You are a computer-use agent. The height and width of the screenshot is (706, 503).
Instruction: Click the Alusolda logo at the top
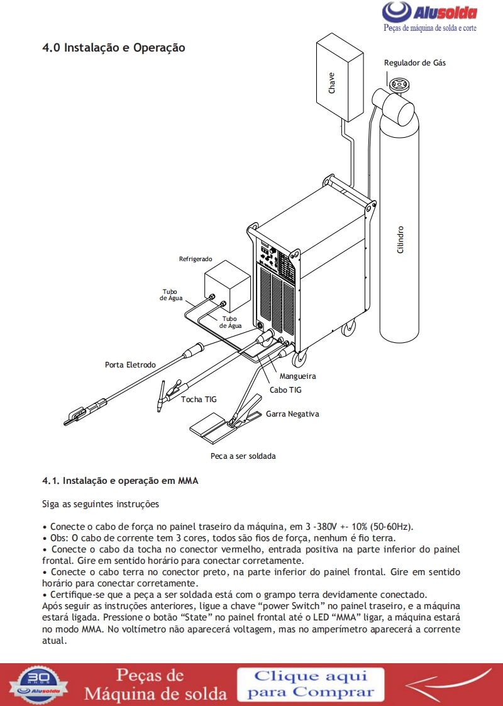point(430,13)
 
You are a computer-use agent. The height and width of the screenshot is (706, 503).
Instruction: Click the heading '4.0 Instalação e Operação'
point(113,48)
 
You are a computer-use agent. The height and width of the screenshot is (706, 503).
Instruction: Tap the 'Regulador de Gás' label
point(415,63)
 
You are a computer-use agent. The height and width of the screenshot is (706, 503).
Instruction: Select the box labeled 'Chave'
point(339,79)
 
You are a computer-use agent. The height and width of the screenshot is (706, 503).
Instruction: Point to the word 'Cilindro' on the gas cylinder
point(401,240)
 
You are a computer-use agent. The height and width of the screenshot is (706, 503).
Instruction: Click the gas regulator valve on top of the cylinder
point(399,85)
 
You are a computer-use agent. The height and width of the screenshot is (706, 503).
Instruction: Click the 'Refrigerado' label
point(196,259)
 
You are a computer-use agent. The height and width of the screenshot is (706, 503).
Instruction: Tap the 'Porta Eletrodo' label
point(130,365)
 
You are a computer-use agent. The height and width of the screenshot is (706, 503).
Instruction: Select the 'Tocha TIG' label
point(199,400)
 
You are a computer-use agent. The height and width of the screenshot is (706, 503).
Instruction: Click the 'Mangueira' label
point(297,376)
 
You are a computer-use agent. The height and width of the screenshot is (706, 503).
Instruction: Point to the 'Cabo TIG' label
point(285,390)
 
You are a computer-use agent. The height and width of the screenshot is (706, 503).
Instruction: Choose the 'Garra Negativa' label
point(292,414)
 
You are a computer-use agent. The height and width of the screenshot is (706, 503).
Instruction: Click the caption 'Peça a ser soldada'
point(243,456)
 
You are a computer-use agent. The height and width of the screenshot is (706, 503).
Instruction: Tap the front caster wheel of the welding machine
point(299,357)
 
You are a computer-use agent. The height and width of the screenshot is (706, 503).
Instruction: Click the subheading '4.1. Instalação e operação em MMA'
point(120,481)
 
